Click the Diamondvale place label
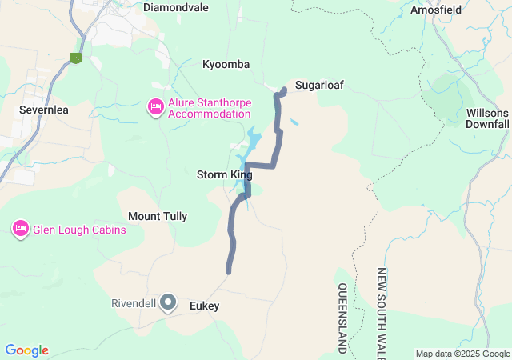coord(175,7)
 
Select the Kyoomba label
coord(226,64)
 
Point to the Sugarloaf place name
coord(318,85)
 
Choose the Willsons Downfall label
coord(487,118)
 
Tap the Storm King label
coord(224,174)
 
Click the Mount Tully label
coord(158,216)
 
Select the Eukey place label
coord(204,306)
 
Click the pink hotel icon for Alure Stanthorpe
coord(155,106)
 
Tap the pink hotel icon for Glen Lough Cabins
coord(20,230)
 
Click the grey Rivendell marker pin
coord(168,302)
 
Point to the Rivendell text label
coord(132,304)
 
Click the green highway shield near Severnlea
coord(76,58)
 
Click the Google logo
coord(26,350)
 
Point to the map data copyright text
coord(462,354)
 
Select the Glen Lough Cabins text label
coord(79,230)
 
